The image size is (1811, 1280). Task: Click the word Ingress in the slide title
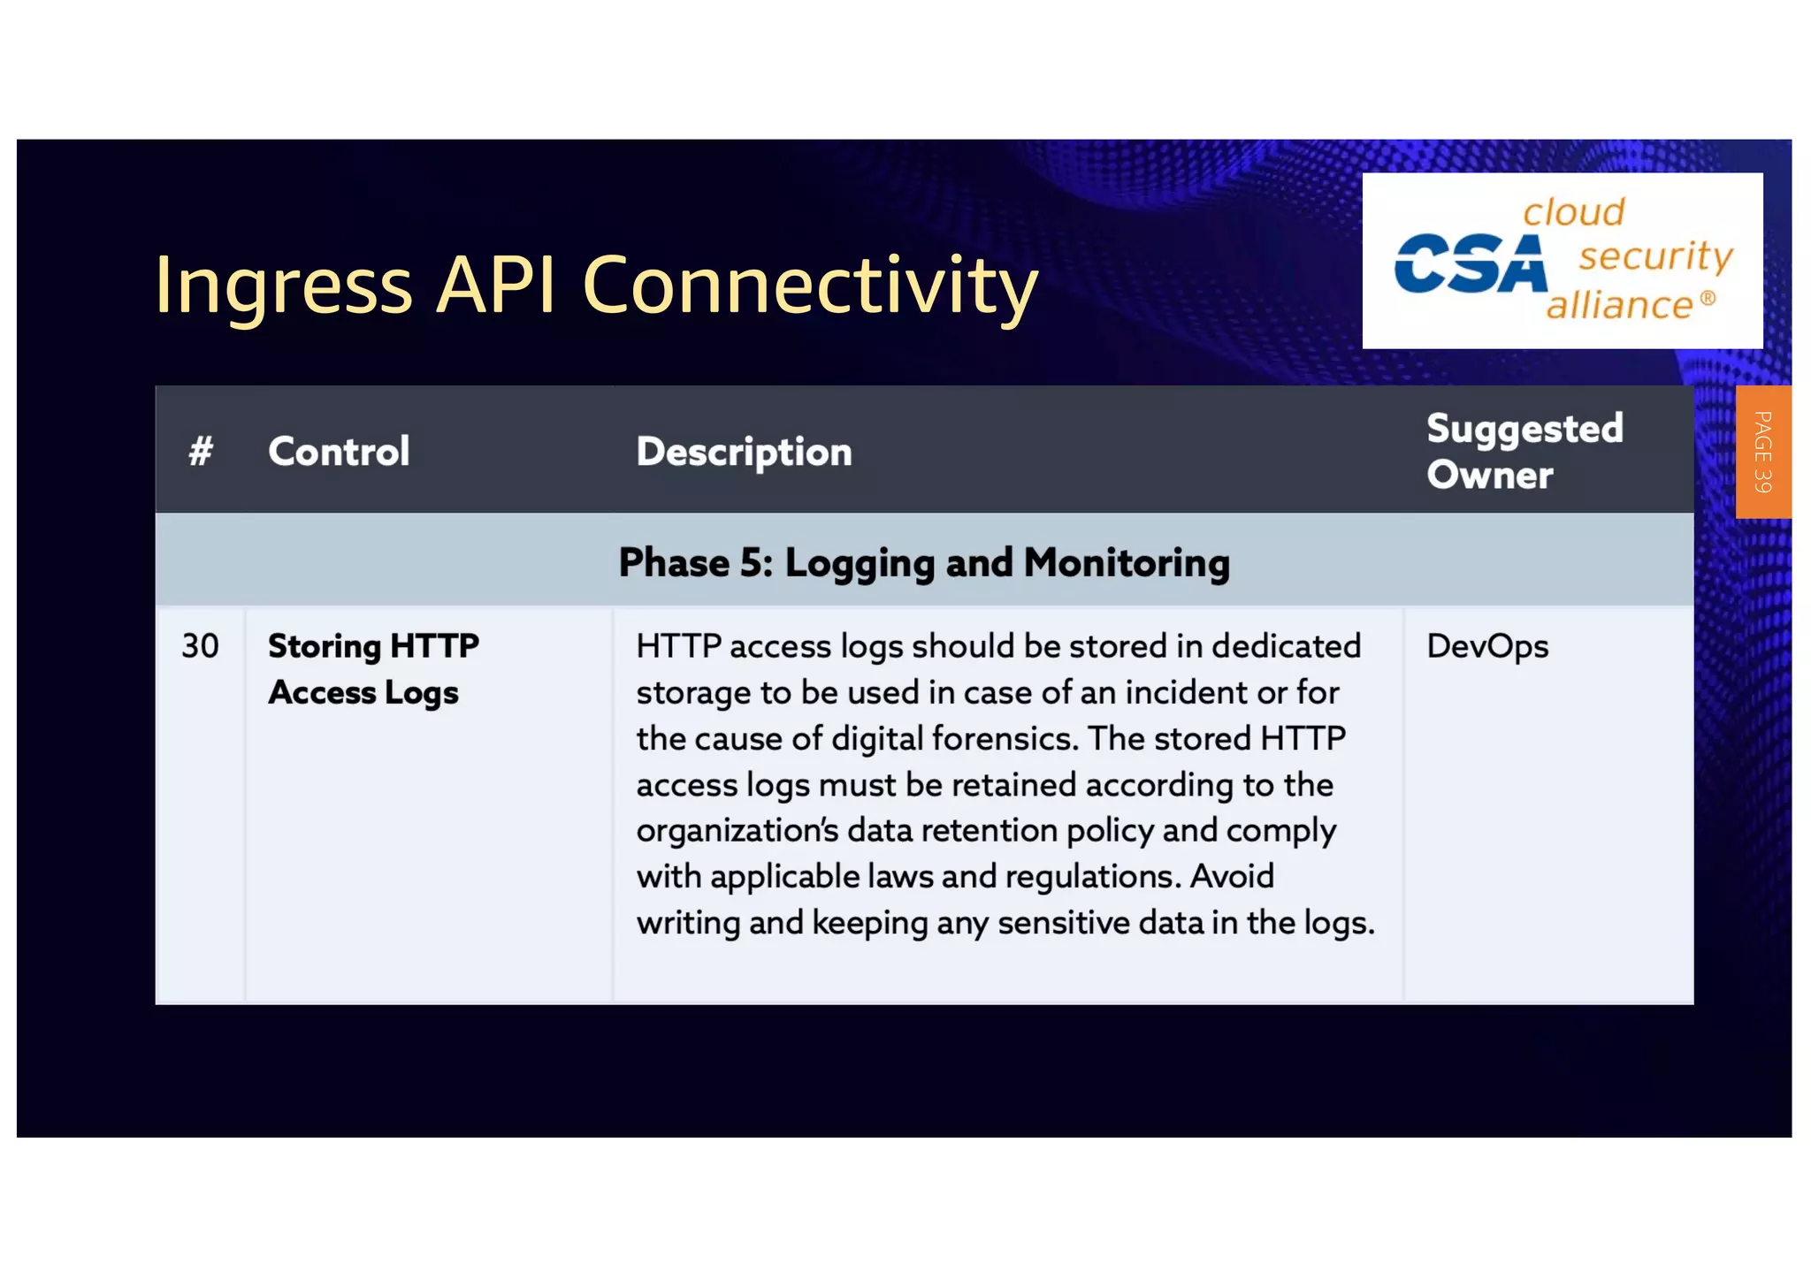(283, 285)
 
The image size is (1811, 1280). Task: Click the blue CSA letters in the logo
(1470, 263)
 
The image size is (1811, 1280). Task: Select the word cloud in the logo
(1573, 212)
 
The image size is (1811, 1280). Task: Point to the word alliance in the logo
(1619, 305)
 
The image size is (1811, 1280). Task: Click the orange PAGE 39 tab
(1762, 452)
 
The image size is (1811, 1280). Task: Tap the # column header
(201, 452)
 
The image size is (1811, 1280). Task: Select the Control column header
(339, 452)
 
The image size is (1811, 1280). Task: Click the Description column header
(744, 452)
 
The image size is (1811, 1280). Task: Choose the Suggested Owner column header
(1524, 451)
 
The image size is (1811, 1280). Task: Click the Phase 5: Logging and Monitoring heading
(924, 562)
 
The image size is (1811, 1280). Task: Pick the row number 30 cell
(200, 646)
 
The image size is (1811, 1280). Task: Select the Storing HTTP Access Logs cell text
(372, 669)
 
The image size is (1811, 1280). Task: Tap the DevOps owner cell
(1487, 646)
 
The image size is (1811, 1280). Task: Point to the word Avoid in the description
(1232, 876)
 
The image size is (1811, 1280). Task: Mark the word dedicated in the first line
(1286, 646)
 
